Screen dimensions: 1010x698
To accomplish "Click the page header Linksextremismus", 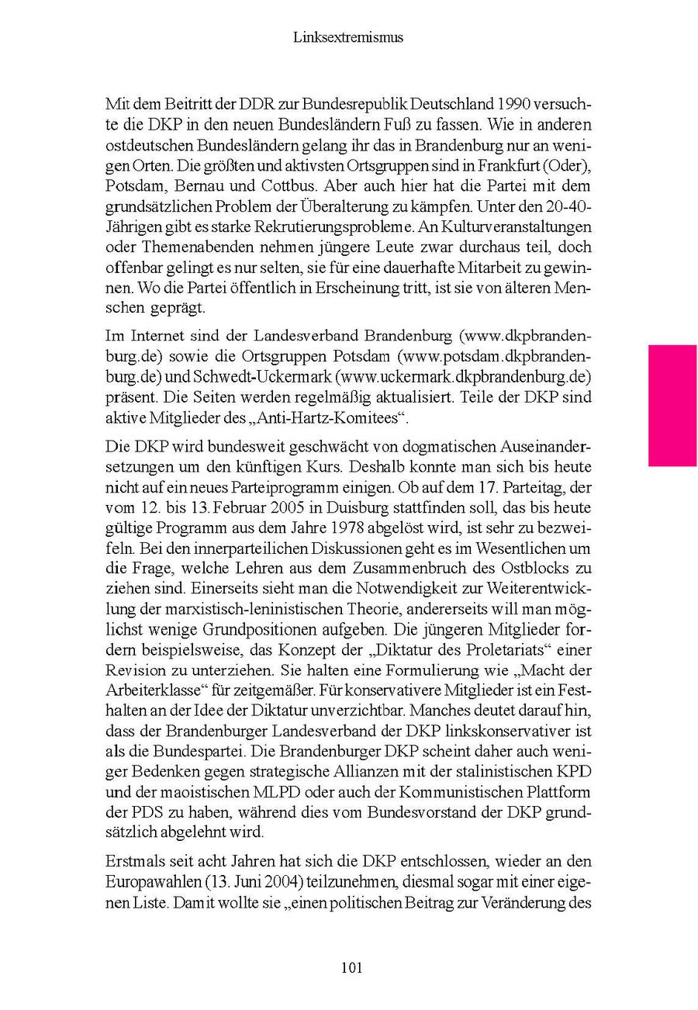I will click(x=348, y=36).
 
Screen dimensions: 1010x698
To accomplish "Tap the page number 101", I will click(x=351, y=967).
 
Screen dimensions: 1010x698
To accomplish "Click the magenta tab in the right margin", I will click(x=672, y=405).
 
